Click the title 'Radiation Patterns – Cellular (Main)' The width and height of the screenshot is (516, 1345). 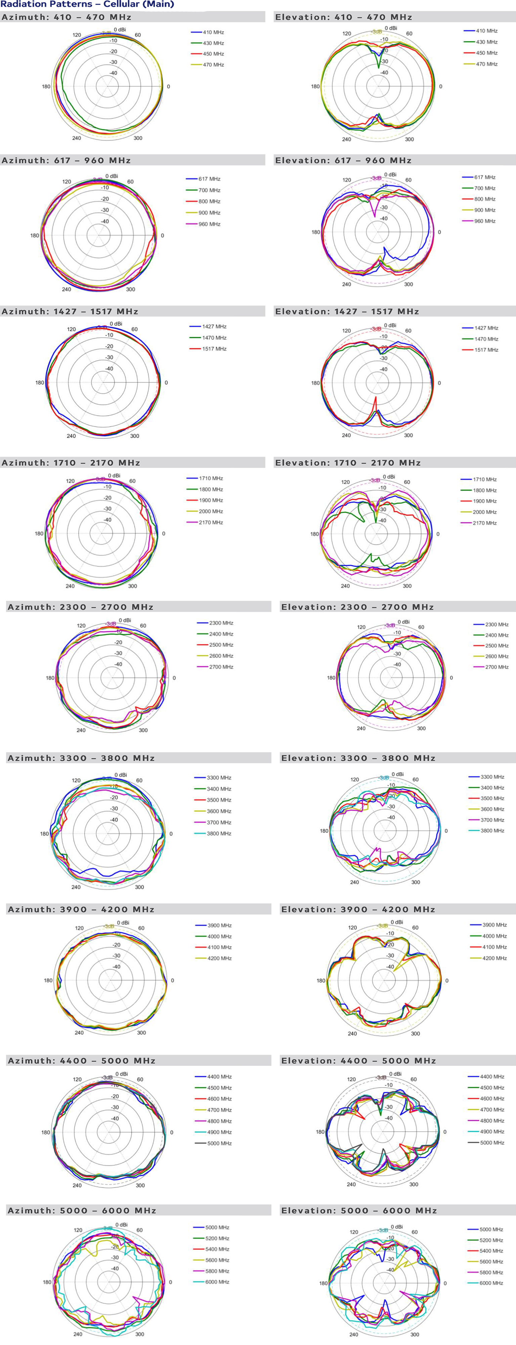pyautogui.click(x=87, y=4)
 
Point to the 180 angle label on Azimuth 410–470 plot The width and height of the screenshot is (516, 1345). pyautogui.click(x=46, y=87)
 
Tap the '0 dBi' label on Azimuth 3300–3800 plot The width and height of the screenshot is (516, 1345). pyautogui.click(x=120, y=775)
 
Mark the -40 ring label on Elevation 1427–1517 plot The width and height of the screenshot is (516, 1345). pyautogui.click(x=383, y=369)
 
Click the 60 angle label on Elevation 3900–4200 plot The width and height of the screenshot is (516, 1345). pyautogui.click(x=415, y=928)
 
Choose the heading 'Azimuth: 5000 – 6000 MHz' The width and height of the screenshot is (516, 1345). pyautogui.click(x=82, y=1210)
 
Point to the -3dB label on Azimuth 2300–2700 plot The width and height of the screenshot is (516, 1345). pyautogui.click(x=110, y=624)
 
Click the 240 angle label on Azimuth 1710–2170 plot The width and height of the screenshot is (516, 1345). pyautogui.click(x=70, y=586)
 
